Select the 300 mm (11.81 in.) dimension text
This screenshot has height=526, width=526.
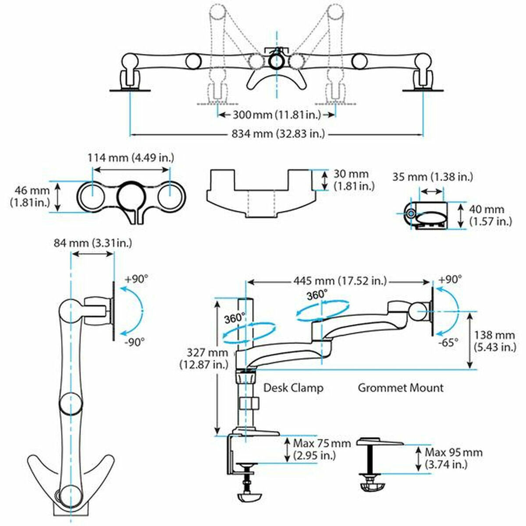point(277,115)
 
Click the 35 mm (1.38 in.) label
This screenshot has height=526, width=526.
point(432,177)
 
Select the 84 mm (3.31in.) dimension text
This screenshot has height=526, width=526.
point(92,242)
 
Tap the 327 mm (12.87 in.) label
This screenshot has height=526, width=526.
point(203,358)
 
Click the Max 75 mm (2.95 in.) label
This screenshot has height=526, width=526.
point(322,449)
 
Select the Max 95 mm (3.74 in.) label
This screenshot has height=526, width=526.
point(453,458)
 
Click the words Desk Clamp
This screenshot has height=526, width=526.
point(293,388)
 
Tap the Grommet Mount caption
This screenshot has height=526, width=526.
point(401,388)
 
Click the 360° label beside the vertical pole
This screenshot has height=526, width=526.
point(235,318)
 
